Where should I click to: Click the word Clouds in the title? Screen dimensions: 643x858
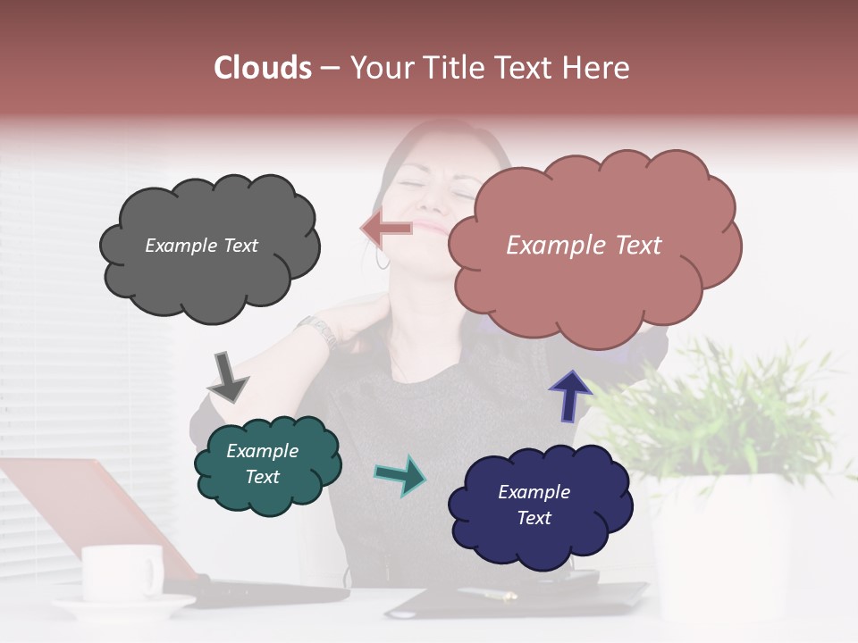tap(262, 68)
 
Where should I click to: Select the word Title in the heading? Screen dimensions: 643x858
tap(456, 68)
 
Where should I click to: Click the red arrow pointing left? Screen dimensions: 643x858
tap(387, 229)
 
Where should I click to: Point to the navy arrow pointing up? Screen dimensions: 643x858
tap(569, 395)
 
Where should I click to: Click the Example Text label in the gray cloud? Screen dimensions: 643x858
tap(201, 246)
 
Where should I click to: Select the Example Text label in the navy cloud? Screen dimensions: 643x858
tap(534, 505)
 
